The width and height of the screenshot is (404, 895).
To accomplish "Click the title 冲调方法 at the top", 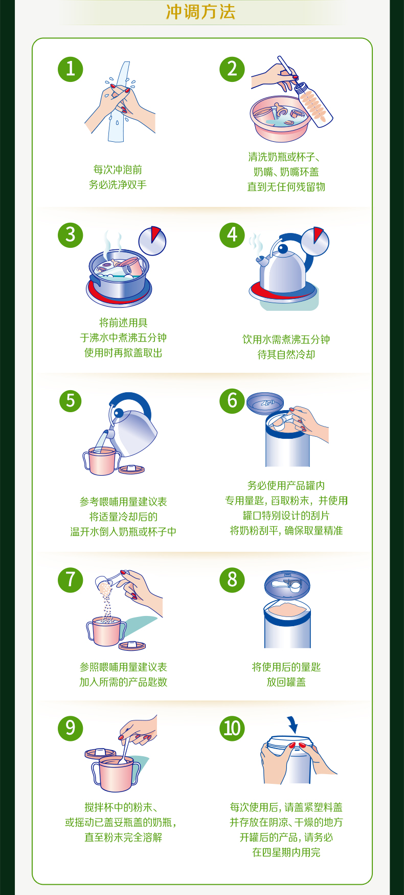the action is tap(201, 12).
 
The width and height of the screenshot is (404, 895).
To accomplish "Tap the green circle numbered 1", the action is tap(71, 69).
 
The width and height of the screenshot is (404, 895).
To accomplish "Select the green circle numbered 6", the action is tap(232, 401).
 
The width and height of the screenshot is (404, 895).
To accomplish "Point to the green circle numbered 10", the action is tap(232, 728).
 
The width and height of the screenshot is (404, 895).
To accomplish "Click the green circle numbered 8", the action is tap(232, 580).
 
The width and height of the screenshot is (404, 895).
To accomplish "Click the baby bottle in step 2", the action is tap(313, 104).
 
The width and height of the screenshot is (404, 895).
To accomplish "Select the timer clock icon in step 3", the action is tap(152, 241).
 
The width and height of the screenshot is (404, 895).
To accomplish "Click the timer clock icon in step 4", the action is tap(315, 241).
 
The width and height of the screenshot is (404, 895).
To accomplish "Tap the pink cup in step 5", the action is tap(102, 461).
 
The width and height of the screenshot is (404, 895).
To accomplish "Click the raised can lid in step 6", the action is tap(265, 403).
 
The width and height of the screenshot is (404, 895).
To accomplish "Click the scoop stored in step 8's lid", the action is tap(286, 584).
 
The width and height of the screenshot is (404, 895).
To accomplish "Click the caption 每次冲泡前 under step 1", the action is tap(118, 169).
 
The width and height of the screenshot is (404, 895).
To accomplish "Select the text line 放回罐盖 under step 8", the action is tap(286, 682).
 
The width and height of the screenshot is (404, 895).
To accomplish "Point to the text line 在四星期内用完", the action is tap(286, 853).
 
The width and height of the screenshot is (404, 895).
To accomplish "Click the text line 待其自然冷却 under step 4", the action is tap(286, 354).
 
